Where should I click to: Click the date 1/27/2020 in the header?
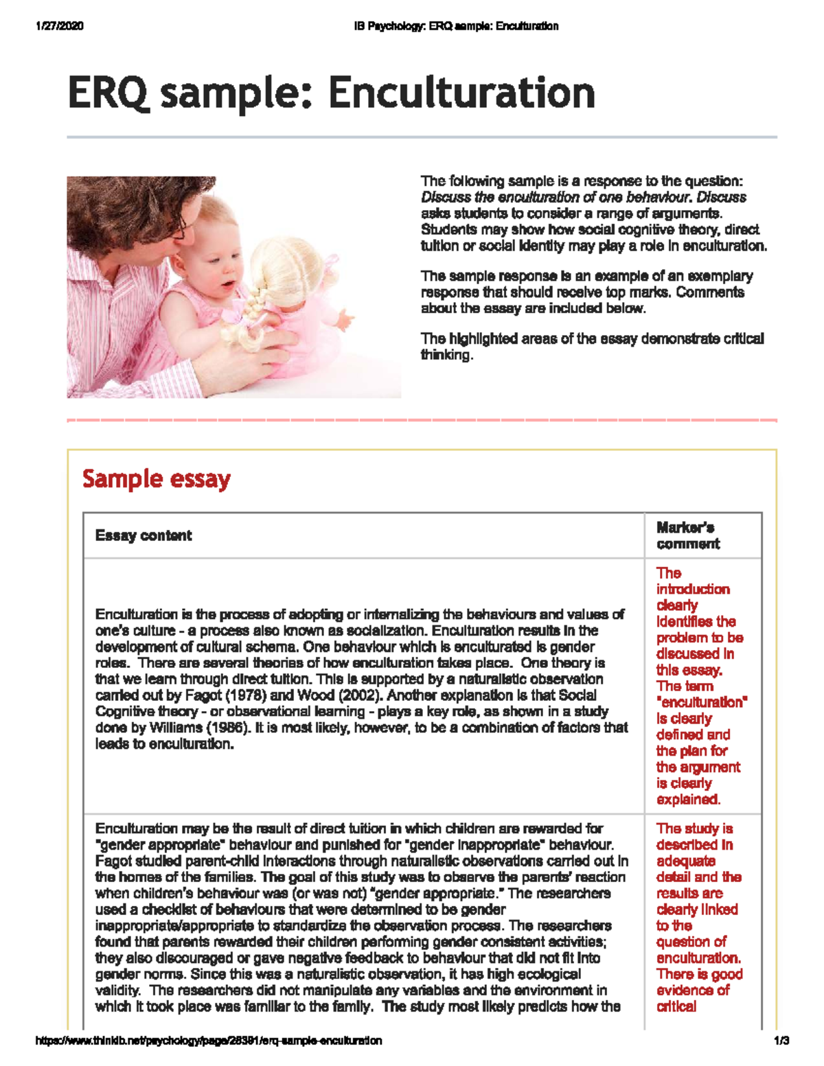point(59,26)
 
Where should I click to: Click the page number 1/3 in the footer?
point(781,1041)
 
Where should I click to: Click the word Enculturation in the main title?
point(461,93)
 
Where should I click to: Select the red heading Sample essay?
point(156,478)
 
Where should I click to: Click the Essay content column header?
point(144,535)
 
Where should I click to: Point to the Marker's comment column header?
point(687,535)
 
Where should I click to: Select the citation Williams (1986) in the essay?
point(196,728)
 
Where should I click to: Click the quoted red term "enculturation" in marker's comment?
point(701,702)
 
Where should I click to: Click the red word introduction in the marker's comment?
point(692,589)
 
